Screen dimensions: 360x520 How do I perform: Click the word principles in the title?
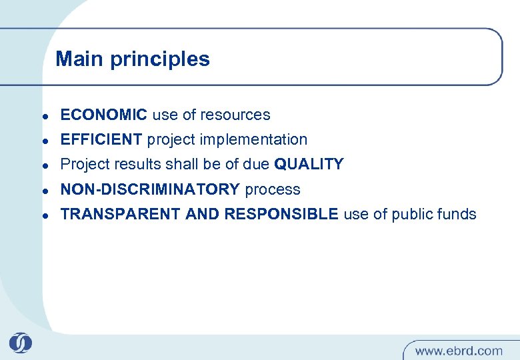click(x=159, y=59)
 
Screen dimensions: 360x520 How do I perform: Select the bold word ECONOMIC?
click(x=103, y=115)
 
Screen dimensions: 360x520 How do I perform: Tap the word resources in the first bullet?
click(x=238, y=115)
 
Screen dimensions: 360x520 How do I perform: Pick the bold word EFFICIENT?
click(x=101, y=139)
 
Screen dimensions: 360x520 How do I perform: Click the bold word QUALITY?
click(x=309, y=164)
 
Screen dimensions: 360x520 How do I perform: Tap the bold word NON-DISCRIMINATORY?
click(x=149, y=189)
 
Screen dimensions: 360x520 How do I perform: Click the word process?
click(x=273, y=189)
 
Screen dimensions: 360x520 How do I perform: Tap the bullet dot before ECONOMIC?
click(x=43, y=116)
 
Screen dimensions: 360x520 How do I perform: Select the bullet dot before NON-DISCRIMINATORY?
click(x=43, y=191)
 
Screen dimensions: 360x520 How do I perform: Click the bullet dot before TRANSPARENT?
click(x=43, y=215)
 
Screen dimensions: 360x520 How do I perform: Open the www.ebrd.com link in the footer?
click(x=459, y=350)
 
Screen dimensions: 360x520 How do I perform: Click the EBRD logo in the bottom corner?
click(x=20, y=343)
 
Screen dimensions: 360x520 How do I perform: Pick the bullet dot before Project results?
click(x=43, y=165)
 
